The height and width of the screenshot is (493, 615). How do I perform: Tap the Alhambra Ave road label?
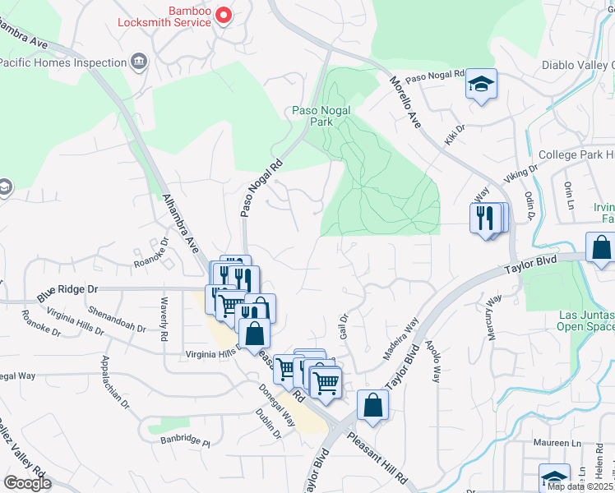pos(180,223)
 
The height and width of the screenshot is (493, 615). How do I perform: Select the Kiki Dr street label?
pos(455,135)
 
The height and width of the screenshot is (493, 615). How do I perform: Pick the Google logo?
pos(27,483)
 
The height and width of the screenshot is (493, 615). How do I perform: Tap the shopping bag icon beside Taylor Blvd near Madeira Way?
pos(372,405)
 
